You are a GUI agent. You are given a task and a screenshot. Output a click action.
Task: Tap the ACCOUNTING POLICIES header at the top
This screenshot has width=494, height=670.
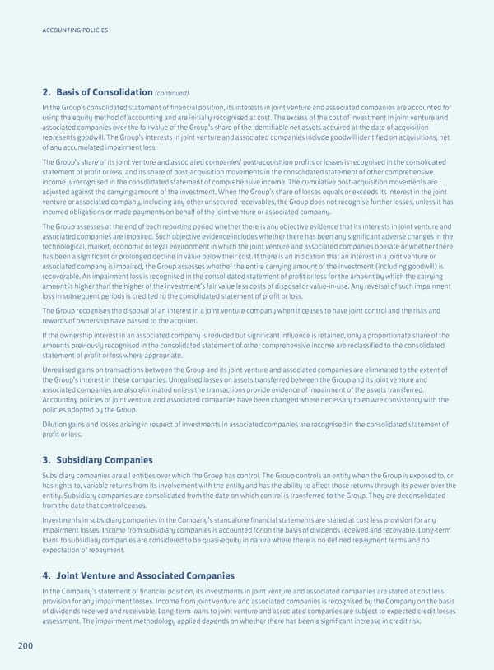74,30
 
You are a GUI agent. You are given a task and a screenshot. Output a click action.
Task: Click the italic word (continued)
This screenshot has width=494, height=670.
173,92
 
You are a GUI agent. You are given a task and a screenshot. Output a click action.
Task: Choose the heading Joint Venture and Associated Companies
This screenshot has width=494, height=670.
145,575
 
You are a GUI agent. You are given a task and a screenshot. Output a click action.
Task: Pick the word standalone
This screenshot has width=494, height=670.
245,515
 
